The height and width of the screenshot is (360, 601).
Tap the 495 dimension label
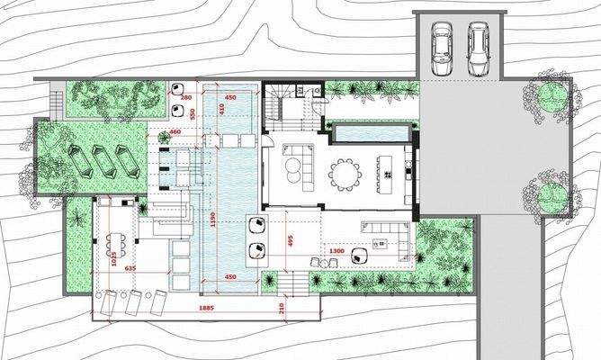point(291,241)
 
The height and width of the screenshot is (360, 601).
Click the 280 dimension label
point(186,97)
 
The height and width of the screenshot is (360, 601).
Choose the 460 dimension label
point(175,132)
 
